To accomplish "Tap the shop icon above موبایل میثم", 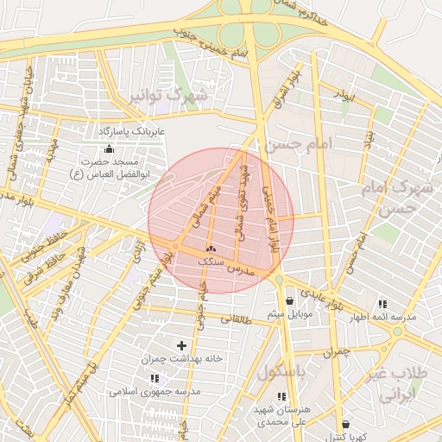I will pyautogui.click(x=288, y=301).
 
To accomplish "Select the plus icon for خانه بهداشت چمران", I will pyautogui.click(x=180, y=345).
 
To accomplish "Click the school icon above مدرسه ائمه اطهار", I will pyautogui.click(x=382, y=304).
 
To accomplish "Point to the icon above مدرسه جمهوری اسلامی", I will pyautogui.click(x=155, y=378).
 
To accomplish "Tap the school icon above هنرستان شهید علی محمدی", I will pyautogui.click(x=281, y=396).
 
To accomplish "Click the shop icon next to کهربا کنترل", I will pyautogui.click(x=345, y=424).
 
